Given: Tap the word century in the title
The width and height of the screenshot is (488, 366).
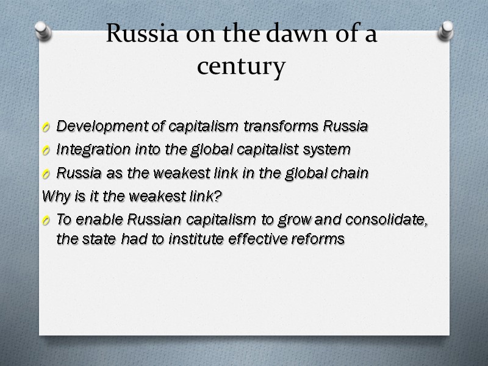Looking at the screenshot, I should [x=241, y=66].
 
